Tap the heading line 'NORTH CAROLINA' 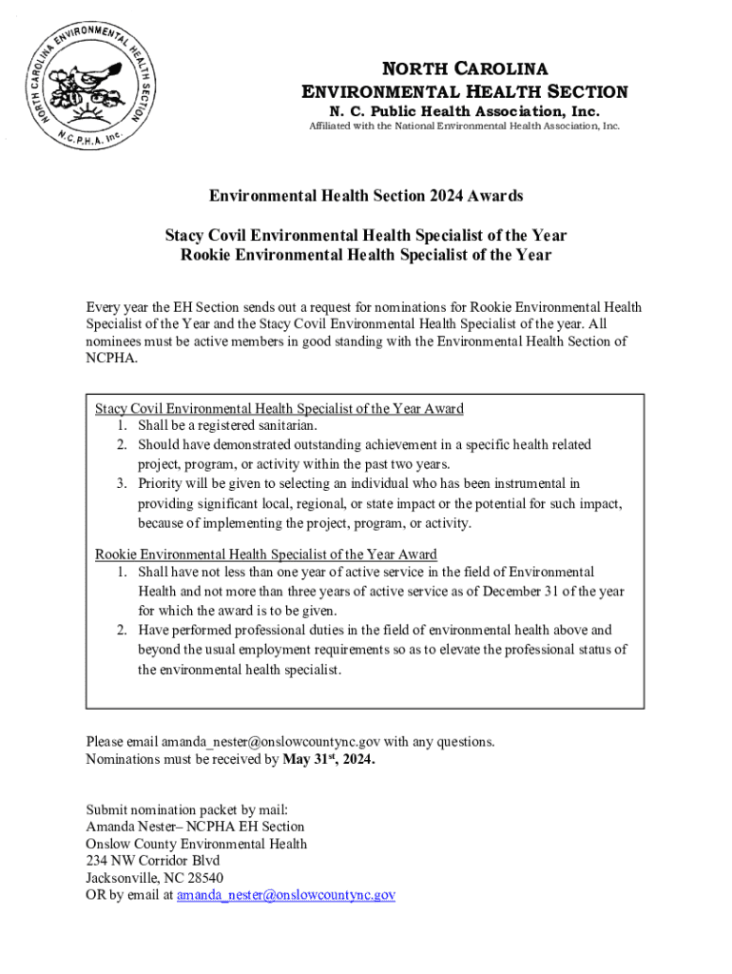465,68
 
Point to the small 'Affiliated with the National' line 465,126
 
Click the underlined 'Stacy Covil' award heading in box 279,409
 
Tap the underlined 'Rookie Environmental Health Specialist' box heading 266,555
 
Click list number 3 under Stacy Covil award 123,484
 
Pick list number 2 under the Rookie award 123,630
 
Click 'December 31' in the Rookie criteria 520,592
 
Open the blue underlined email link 286,895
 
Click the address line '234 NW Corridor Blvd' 153,861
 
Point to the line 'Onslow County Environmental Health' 197,844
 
